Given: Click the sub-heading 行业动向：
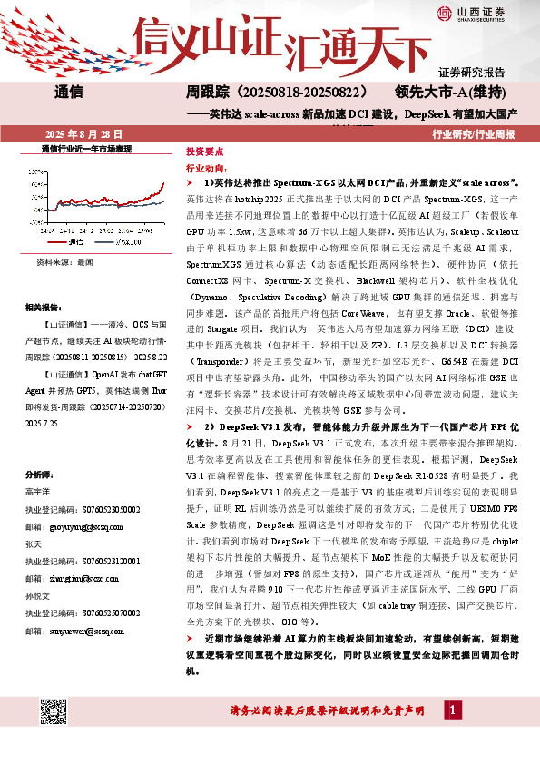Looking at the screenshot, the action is pos(206,169).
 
